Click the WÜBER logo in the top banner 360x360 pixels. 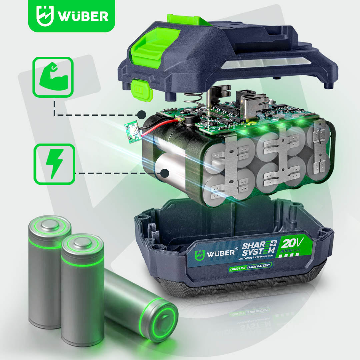coord(72,16)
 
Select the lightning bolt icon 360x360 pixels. coord(54,164)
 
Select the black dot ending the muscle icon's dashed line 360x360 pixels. coord(142,115)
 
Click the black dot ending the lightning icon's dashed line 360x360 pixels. coord(164,173)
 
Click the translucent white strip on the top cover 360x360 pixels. coord(267,63)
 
